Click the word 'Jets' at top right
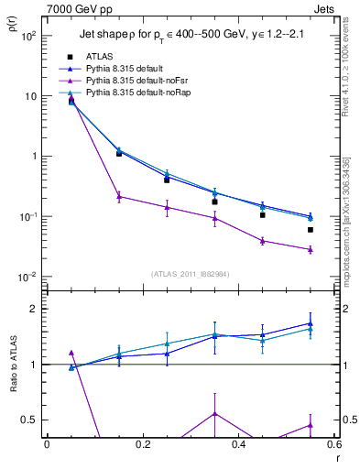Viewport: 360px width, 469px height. (326, 8)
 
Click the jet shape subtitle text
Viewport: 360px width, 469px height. (189, 36)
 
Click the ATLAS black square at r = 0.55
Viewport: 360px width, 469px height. (311, 230)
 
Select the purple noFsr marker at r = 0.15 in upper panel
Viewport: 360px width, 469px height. (119, 195)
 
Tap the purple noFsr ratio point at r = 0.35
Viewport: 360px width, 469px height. (214, 413)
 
